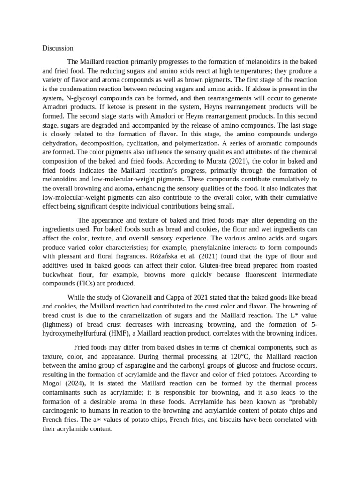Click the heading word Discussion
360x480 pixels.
click(x=58, y=48)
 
